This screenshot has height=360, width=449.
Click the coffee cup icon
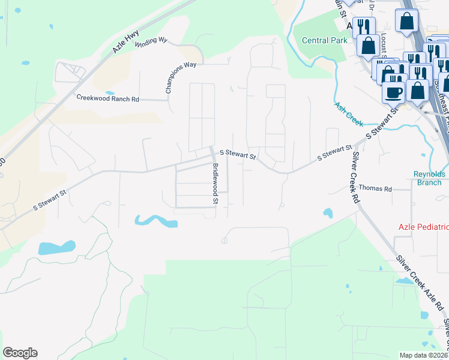(393, 92)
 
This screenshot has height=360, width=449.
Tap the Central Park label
(324, 41)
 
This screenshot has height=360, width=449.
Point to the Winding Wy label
(151, 41)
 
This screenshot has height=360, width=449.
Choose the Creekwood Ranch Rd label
(107, 98)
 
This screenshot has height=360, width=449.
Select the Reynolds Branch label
(430, 178)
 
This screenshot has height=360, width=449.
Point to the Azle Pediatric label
(424, 227)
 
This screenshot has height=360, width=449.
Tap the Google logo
(20, 353)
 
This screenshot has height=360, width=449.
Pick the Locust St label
(382, 46)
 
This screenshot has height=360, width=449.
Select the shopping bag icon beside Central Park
(367, 45)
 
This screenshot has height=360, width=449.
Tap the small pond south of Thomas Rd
(327, 213)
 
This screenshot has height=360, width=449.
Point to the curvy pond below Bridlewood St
(157, 221)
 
